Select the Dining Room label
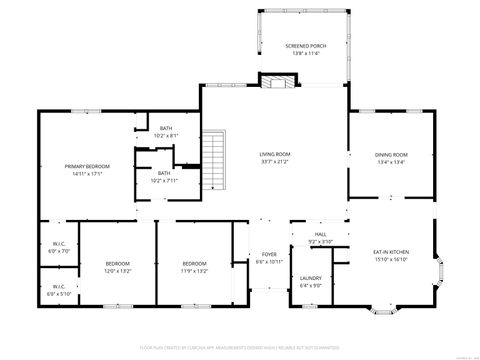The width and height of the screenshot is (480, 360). (x=392, y=154)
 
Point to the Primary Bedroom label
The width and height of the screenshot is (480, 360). (x=87, y=165)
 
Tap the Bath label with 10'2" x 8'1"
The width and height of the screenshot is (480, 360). (x=167, y=128)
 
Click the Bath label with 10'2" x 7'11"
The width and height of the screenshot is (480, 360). (x=164, y=173)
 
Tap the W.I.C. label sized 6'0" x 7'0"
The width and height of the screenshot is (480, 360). (x=58, y=243)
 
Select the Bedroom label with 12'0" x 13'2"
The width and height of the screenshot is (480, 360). (x=118, y=264)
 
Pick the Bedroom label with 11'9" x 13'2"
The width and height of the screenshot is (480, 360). (x=194, y=264)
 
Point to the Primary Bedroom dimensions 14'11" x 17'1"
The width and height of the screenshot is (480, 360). (x=87, y=173)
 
